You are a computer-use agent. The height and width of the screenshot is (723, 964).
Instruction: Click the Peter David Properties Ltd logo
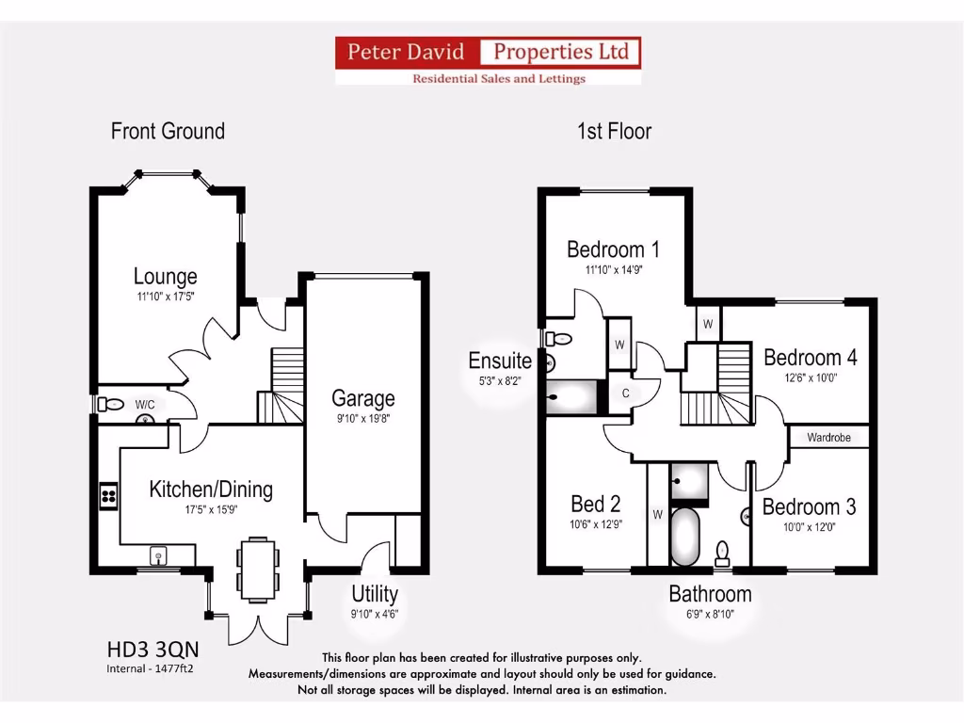point(489,60)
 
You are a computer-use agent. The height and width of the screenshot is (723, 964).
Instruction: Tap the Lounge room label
point(166,277)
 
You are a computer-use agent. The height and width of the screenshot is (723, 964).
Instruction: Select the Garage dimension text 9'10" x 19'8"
point(362,420)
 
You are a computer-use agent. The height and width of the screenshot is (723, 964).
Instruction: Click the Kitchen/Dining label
point(211,490)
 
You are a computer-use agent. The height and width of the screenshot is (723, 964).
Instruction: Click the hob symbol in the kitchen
point(108,495)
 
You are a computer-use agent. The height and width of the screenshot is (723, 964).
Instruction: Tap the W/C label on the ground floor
point(144,405)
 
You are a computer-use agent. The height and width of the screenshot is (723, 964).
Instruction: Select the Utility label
point(375,595)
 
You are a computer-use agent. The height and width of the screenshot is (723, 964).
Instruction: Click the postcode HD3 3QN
point(153,650)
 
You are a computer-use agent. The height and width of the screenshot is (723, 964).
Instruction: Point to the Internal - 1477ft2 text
point(151,669)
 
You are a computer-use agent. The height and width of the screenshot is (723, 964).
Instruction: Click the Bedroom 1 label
point(613,249)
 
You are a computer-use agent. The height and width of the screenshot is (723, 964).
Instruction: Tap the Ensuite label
point(500,361)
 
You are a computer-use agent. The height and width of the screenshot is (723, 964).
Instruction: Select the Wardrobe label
point(828,438)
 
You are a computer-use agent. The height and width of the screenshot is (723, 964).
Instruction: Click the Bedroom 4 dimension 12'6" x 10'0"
point(810,378)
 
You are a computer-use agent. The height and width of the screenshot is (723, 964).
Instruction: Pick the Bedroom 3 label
point(809,507)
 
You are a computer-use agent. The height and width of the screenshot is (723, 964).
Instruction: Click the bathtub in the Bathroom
point(685,537)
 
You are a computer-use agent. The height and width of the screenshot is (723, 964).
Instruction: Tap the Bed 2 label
point(596,504)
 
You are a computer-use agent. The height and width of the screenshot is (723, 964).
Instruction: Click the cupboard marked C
point(624,394)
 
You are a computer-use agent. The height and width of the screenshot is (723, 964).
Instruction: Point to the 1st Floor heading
point(614,131)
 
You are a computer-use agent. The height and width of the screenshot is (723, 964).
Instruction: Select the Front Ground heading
point(168,131)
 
